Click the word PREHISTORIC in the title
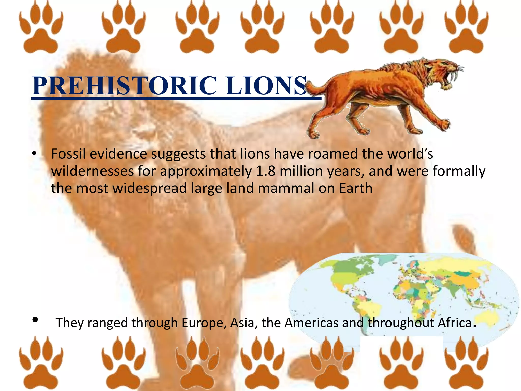[x=125, y=86]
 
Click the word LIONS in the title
[x=266, y=86]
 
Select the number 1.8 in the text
[x=266, y=171]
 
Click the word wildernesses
[x=92, y=171]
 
